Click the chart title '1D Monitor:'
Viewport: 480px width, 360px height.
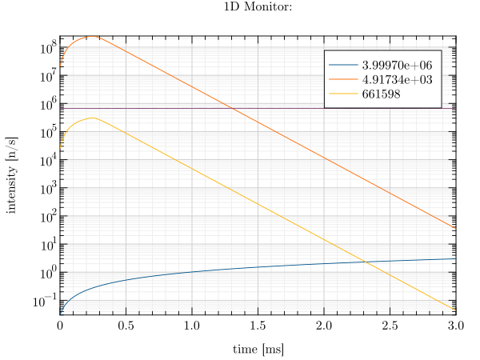point(258,6)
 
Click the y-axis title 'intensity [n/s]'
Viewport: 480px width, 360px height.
point(12,175)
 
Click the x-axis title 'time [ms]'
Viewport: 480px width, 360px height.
point(258,350)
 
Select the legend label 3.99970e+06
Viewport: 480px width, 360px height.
point(397,66)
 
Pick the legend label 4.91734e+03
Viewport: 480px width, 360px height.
point(397,79)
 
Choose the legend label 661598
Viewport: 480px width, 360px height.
point(381,94)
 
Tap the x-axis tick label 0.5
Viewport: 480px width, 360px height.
point(126,326)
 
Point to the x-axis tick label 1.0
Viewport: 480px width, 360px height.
point(192,326)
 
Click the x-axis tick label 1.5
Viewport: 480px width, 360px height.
point(258,326)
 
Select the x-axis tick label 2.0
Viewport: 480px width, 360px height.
point(324,326)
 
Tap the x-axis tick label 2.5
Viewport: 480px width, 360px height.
point(390,326)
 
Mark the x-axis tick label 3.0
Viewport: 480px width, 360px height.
point(456,326)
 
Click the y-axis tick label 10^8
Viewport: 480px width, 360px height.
point(48,48)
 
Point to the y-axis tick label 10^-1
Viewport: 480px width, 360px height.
point(45,301)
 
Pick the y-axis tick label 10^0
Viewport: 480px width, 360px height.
point(48,273)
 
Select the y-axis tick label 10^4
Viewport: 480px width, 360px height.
point(48,161)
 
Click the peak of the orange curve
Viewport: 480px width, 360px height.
point(91,37)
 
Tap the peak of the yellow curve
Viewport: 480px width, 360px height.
point(92,118)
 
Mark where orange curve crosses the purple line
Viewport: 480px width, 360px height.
point(233,108)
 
